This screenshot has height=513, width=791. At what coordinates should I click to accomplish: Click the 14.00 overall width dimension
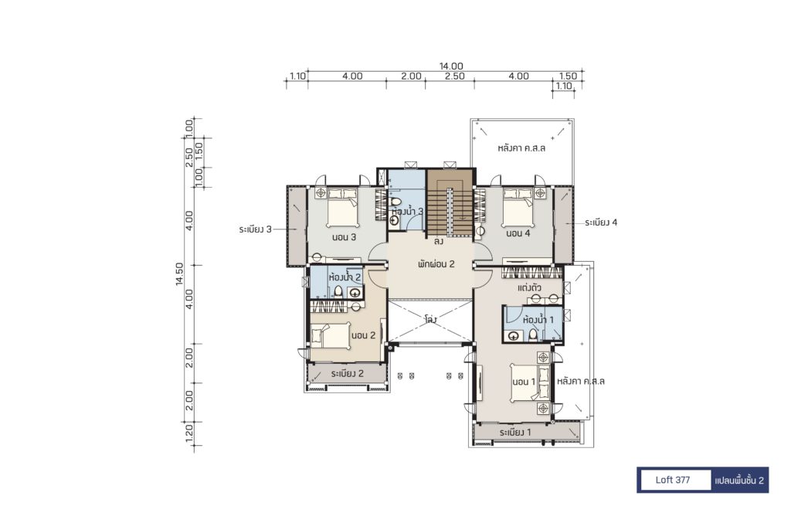[x=451, y=66]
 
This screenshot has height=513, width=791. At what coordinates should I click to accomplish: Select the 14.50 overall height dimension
[x=179, y=274]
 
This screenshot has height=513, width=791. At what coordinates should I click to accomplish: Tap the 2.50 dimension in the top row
[x=454, y=76]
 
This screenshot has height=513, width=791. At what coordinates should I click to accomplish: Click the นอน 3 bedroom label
[x=344, y=237]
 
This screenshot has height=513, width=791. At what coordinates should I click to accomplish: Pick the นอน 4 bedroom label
[x=518, y=233]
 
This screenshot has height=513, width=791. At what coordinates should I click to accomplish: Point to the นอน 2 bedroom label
[x=363, y=335]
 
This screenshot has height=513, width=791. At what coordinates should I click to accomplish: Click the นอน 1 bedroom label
[x=524, y=382]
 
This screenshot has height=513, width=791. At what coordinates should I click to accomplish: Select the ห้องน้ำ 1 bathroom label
[x=538, y=320]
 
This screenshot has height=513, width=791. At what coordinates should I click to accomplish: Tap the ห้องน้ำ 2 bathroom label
[x=345, y=277]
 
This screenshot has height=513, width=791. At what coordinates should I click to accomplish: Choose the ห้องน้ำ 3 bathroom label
[x=407, y=212]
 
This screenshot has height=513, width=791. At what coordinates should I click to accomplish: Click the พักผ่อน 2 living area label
[x=436, y=263]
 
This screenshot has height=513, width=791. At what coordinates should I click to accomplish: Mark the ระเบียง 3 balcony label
[x=255, y=229]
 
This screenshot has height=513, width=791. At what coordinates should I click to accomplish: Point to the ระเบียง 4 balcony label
[x=601, y=223]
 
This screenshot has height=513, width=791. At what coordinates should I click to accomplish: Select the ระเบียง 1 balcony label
[x=515, y=433]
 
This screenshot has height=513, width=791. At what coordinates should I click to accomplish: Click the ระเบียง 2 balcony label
[x=347, y=374]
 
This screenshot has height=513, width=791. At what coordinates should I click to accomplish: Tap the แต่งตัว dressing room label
[x=530, y=288]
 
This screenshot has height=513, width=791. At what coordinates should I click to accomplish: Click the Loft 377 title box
[x=673, y=480]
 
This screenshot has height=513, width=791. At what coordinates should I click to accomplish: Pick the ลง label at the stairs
[x=439, y=242]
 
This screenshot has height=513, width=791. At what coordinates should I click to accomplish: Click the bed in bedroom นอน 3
[x=342, y=208]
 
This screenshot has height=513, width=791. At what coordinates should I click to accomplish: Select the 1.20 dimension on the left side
[x=189, y=433]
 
